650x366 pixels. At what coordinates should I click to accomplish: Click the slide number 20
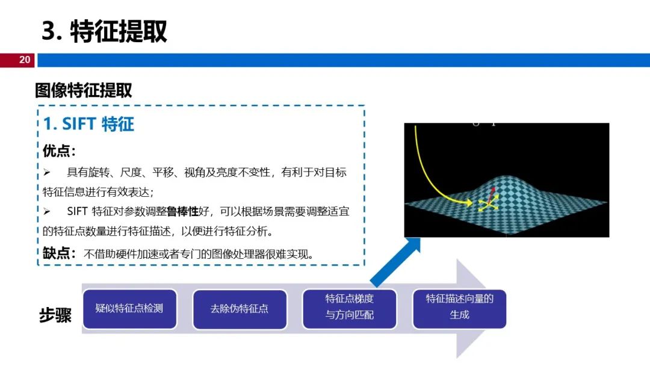click(25, 60)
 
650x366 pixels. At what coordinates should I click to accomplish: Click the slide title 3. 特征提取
click(105, 31)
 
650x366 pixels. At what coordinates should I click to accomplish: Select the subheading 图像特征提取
click(83, 90)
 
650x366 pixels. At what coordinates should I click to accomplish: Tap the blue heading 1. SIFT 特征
click(88, 124)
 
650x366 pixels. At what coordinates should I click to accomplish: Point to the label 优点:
click(59, 151)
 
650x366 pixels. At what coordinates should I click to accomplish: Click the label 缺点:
click(59, 253)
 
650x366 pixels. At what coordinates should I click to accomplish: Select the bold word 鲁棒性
click(182, 211)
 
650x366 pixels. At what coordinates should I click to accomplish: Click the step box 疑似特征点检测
click(130, 309)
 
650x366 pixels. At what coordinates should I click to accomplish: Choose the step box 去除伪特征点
click(240, 309)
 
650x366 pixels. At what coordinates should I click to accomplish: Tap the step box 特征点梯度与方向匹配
click(350, 309)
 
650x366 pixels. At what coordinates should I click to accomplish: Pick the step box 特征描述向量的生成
click(459, 309)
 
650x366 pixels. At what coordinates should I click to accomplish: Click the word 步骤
click(55, 315)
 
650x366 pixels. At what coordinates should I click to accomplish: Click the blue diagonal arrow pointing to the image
click(395, 262)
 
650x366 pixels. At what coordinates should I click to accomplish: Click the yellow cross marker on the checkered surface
click(488, 204)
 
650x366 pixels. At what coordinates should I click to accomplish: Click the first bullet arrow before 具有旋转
click(47, 172)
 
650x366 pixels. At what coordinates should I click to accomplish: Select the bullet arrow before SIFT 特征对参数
click(47, 211)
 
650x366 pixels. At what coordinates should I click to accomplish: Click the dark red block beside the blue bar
click(17, 60)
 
